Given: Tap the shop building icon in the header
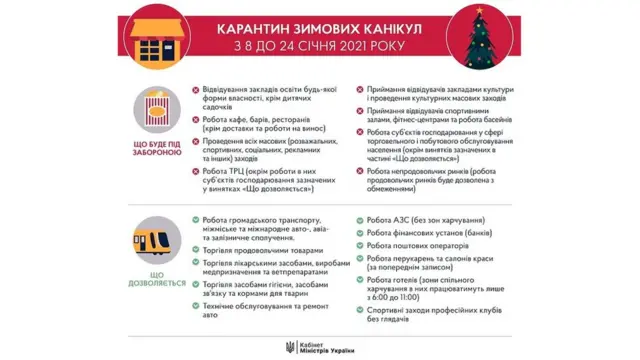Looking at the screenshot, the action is pyautogui.click(x=159, y=39).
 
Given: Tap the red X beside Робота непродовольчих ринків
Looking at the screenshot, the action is pyautogui.click(x=358, y=172).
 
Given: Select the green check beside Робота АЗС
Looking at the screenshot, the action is pyautogui.click(x=358, y=218).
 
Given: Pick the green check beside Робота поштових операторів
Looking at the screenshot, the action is pyautogui.click(x=358, y=245).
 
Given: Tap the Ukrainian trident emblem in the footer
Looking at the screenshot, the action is pyautogui.click(x=290, y=345).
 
